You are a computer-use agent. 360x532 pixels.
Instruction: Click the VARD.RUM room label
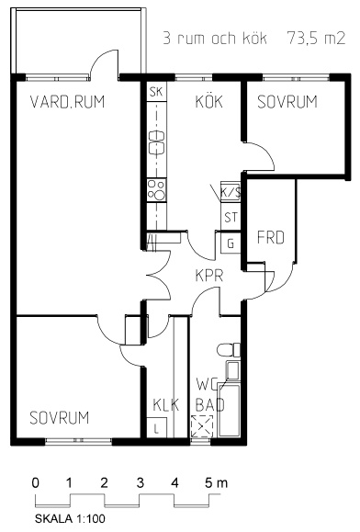tap(67, 101)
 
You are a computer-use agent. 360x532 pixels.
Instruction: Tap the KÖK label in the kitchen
tap(209, 101)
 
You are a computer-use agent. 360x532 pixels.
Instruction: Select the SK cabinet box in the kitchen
tap(157, 91)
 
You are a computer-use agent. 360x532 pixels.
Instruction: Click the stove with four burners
tap(157, 190)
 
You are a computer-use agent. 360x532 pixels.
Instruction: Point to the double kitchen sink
tap(157, 142)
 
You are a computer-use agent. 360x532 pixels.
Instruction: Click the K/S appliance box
tap(231, 193)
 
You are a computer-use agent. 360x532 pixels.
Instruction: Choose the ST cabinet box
tap(231, 217)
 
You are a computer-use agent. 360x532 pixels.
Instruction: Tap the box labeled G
tap(231, 243)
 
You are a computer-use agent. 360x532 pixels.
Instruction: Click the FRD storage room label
tap(271, 237)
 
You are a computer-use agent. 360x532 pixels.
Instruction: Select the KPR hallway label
tap(209, 276)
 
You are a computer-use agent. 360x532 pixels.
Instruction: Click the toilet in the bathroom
tap(229, 350)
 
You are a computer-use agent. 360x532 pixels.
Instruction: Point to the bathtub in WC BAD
tap(230, 410)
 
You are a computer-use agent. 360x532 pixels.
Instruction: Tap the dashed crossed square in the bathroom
tap(202, 425)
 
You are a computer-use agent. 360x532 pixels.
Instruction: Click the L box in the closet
tap(157, 427)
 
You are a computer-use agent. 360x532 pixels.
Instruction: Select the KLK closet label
tap(165, 405)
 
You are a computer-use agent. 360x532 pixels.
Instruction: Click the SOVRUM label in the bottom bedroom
tap(60, 418)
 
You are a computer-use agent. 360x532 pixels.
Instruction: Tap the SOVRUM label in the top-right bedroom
tap(287, 101)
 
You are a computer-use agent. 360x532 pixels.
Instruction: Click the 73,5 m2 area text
tap(316, 38)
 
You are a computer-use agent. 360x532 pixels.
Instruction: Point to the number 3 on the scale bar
tap(141, 482)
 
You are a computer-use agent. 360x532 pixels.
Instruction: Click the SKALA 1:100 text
tap(70, 518)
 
